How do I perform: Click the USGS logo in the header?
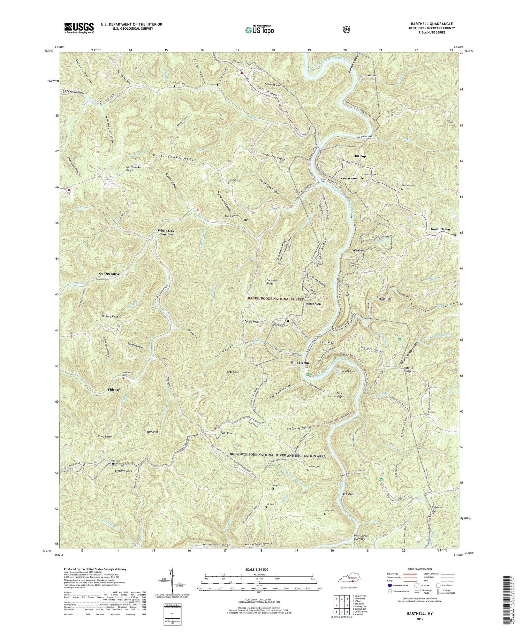tap(79, 28)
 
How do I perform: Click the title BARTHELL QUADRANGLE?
tap(432, 24)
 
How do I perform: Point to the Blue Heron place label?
tap(300, 363)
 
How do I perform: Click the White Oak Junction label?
tap(166, 233)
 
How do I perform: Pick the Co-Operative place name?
tap(109, 274)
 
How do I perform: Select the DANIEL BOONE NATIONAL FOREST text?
tap(276, 299)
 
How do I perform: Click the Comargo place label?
tap(327, 342)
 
